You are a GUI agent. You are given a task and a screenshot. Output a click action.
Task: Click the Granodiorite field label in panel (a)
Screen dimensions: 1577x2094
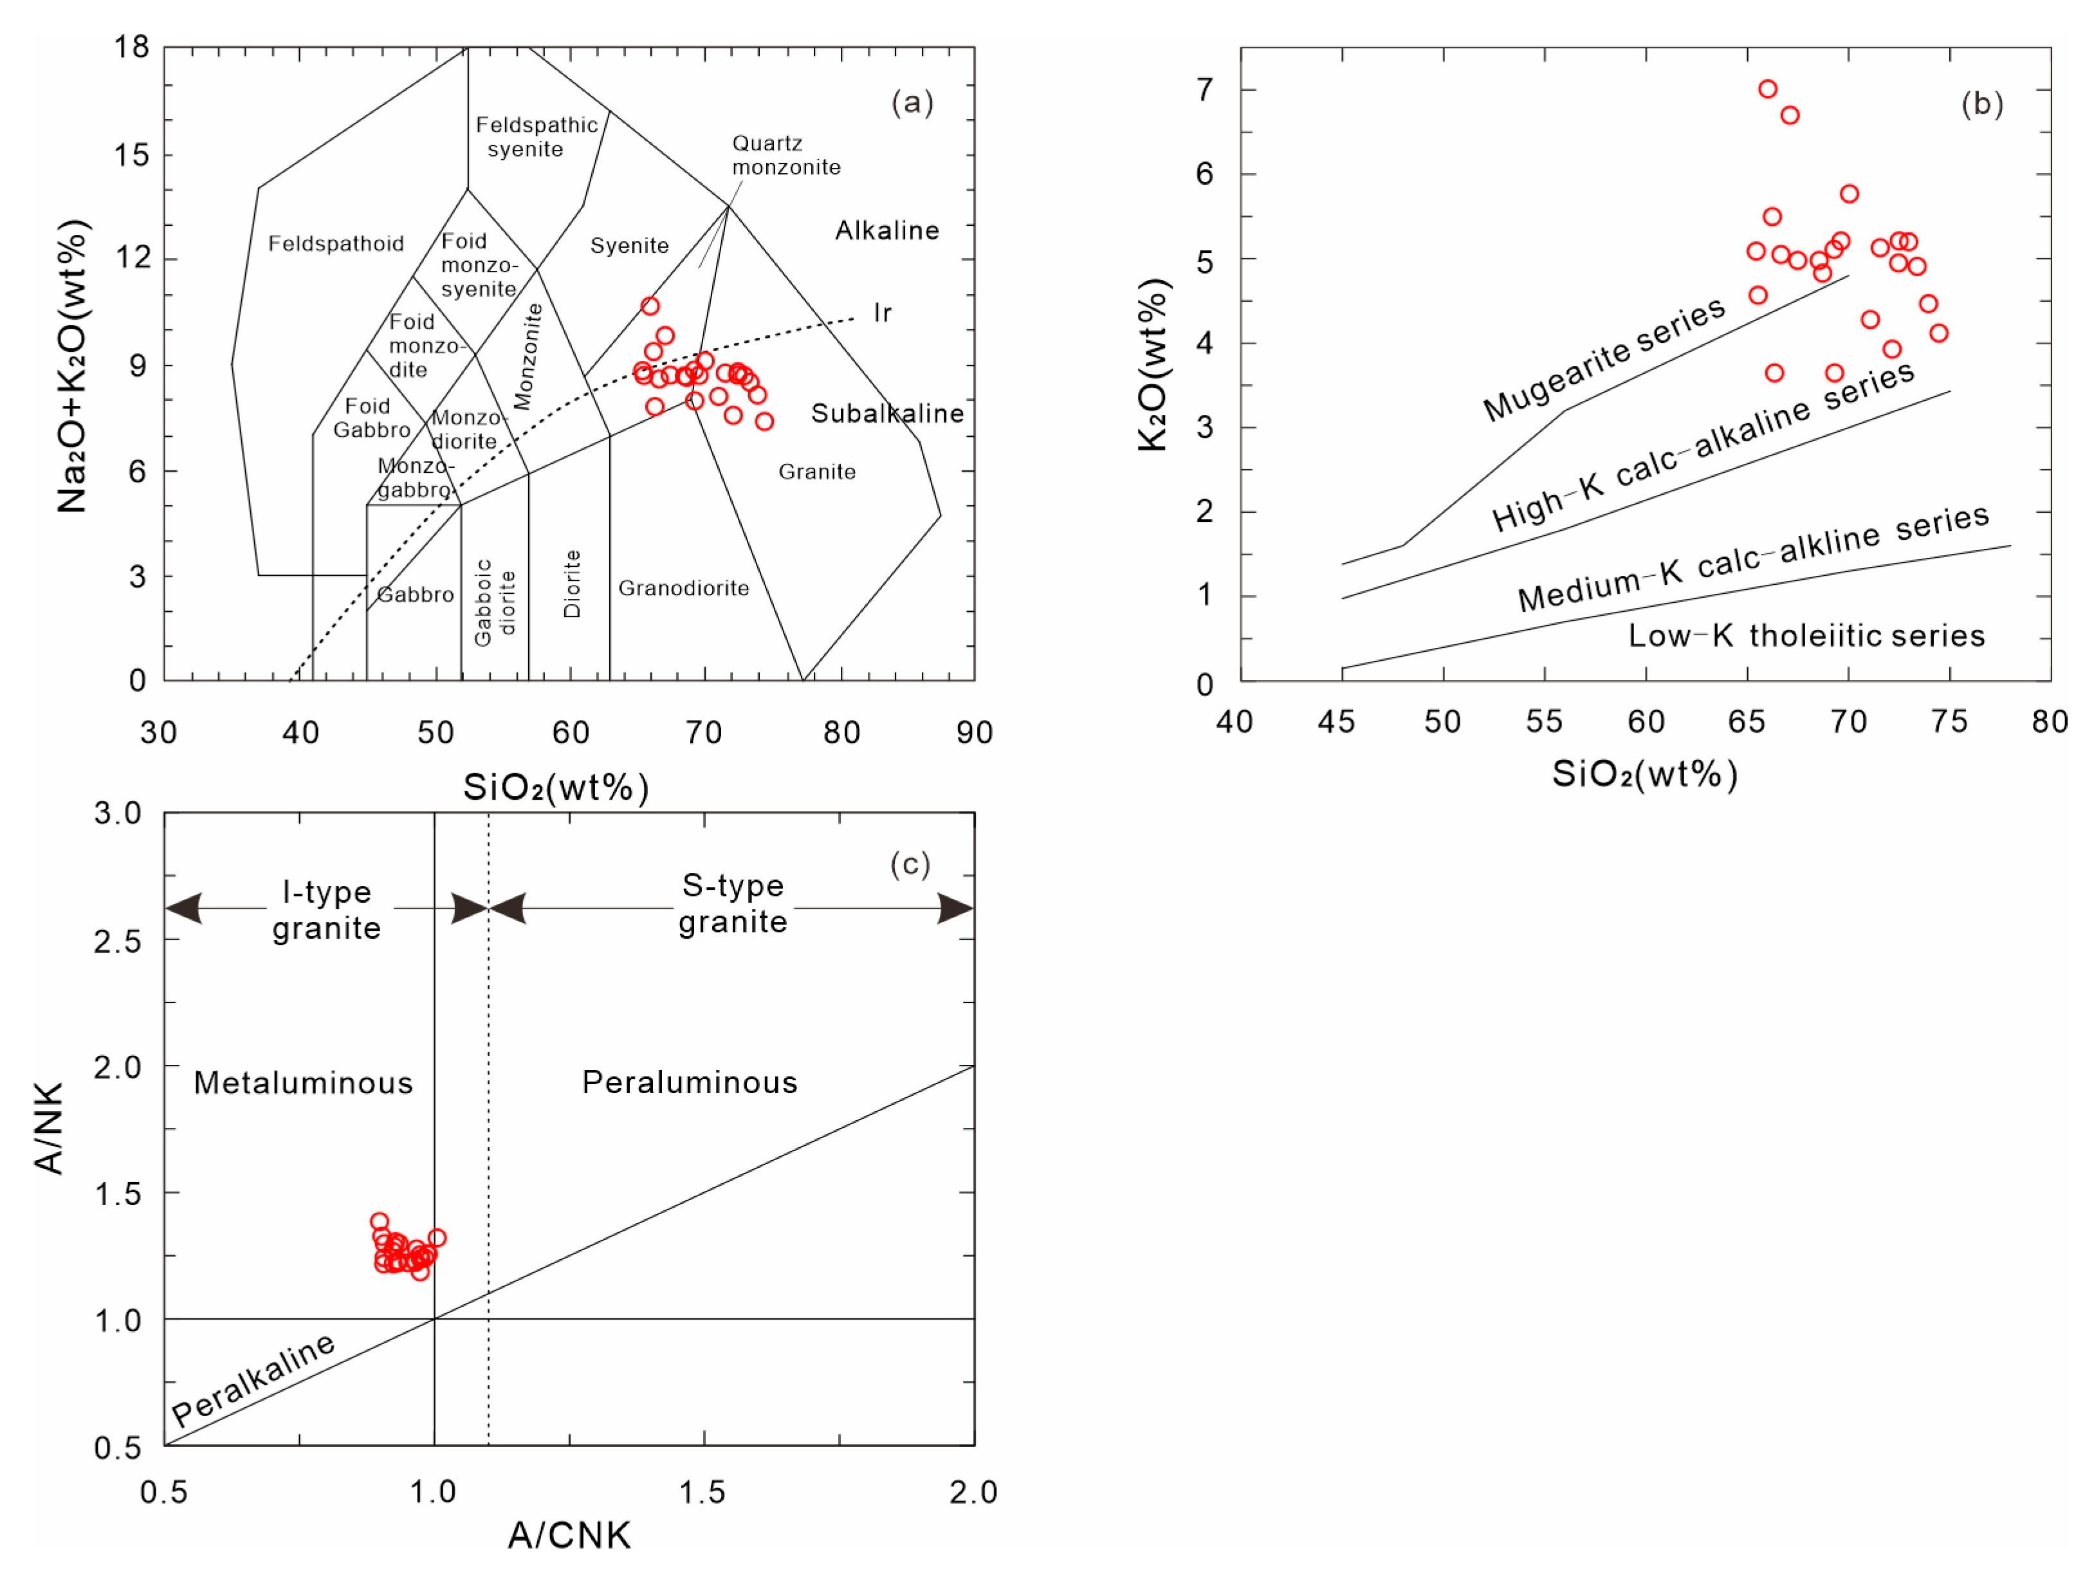(683, 588)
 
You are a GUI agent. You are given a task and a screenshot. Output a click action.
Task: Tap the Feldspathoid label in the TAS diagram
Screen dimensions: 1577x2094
(336, 243)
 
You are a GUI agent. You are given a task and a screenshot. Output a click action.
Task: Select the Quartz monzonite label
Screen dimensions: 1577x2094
(785, 155)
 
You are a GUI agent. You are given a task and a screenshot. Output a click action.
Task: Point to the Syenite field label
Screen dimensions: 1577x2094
(630, 245)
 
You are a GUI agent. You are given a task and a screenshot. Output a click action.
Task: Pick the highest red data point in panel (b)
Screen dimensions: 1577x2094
(1767, 89)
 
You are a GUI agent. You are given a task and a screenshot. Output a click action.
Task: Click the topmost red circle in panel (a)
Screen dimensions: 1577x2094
(649, 306)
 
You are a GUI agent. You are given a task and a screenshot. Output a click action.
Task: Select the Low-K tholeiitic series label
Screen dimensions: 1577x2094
(1806, 635)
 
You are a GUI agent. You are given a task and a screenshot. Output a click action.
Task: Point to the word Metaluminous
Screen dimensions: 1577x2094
(304, 1082)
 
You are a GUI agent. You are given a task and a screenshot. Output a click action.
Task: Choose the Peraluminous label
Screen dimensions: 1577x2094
(690, 1082)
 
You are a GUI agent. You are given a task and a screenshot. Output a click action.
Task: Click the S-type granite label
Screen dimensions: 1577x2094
(733, 903)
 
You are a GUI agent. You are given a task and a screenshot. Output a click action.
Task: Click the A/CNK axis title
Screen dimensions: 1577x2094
(569, 1535)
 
